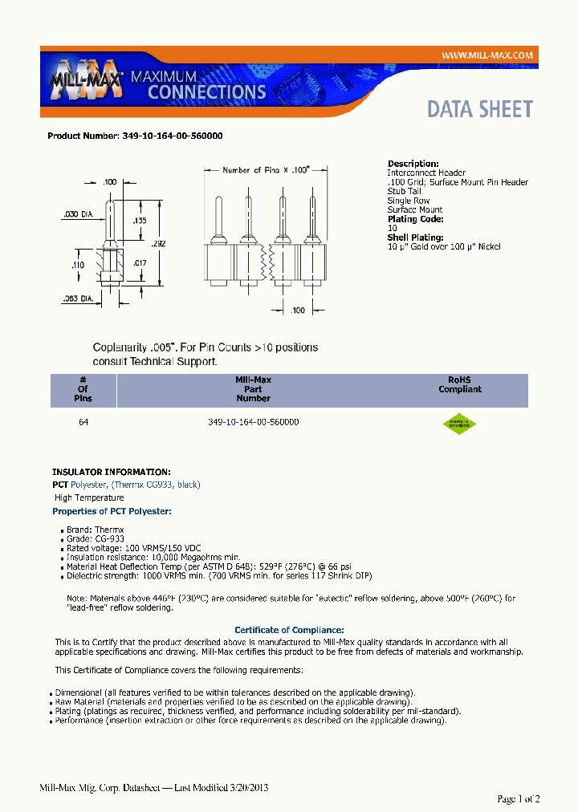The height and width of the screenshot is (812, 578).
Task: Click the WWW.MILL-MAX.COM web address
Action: click(487, 55)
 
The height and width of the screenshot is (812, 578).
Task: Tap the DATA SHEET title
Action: click(479, 109)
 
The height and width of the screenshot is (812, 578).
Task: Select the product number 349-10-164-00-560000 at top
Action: click(172, 136)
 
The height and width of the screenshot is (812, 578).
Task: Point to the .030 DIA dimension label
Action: click(78, 214)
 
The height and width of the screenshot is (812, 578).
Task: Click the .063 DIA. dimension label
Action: click(80, 299)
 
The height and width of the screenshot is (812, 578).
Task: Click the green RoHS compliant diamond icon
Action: click(459, 424)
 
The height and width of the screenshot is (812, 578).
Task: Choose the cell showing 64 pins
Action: click(83, 422)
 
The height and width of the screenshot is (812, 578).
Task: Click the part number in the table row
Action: click(253, 422)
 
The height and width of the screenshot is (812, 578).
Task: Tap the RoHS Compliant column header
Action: click(459, 384)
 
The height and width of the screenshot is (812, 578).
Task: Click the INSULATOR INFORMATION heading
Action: click(111, 473)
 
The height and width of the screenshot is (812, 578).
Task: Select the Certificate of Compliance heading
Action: click(289, 631)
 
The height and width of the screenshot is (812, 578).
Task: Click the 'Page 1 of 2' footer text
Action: click(518, 798)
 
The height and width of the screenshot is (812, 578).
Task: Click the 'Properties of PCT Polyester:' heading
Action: click(112, 511)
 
